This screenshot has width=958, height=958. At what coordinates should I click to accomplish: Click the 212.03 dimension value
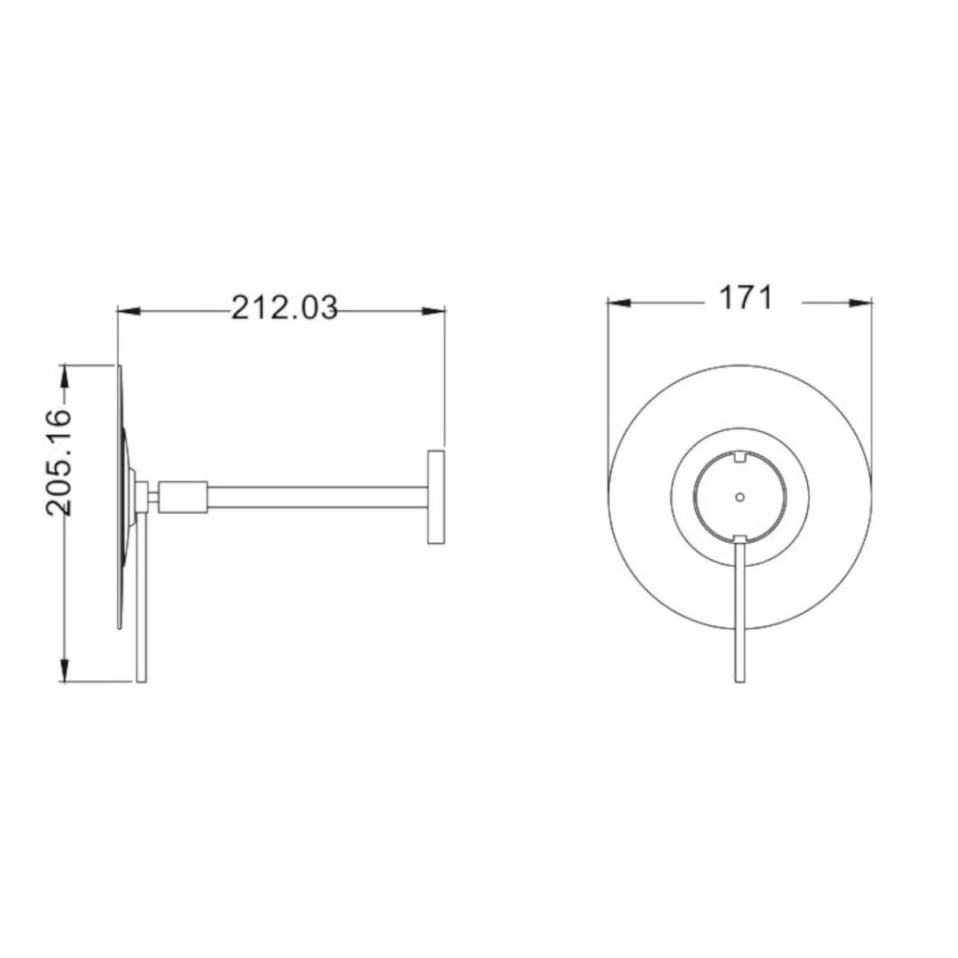(x=284, y=307)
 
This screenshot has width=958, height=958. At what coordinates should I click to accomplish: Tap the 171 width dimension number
(x=746, y=298)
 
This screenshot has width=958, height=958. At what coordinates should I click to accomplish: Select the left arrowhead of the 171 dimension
(x=619, y=303)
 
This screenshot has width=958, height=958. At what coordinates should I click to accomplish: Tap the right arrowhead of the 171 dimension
(x=861, y=303)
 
